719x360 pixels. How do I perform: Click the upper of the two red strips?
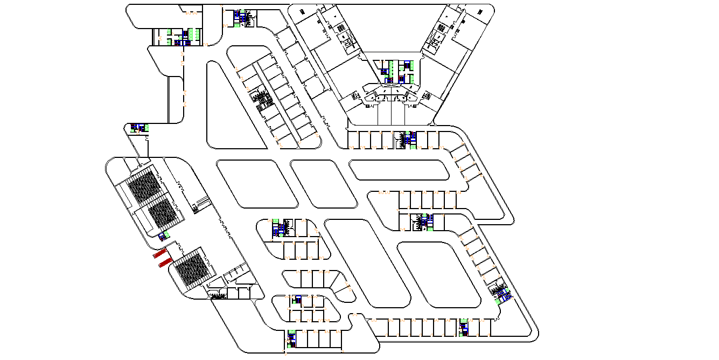click(159, 254)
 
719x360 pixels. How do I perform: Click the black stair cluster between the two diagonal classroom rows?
click(263, 99)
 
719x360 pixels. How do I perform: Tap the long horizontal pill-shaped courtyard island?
click(399, 170)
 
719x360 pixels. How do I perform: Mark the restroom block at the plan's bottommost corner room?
click(291, 338)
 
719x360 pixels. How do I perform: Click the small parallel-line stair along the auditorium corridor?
click(201, 203)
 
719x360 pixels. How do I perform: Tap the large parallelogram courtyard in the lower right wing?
click(438, 275)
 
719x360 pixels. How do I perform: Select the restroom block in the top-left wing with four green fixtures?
click(180, 37)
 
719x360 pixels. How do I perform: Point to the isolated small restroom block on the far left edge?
click(139, 128)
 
